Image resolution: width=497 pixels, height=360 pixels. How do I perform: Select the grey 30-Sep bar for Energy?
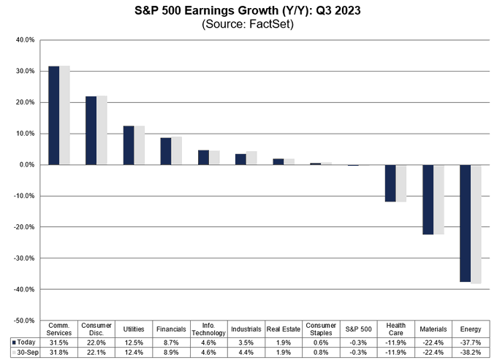[476, 223]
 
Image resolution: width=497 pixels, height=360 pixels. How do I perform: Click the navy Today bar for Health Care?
[390, 183]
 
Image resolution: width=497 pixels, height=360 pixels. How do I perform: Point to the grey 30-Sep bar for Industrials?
[251, 158]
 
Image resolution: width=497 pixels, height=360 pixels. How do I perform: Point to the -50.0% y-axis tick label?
[23, 321]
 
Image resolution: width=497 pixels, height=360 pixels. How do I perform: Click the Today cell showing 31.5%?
[58, 341]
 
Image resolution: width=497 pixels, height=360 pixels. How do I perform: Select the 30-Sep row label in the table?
[26, 352]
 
